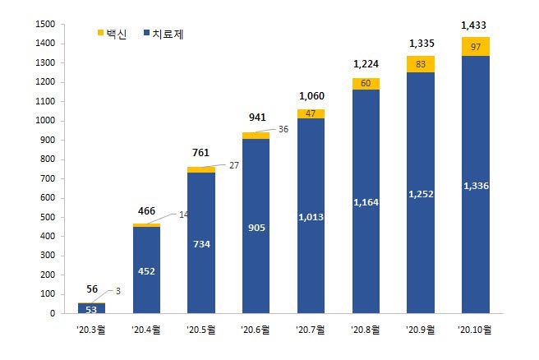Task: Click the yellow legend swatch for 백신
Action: pos(101,33)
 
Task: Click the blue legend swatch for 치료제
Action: pos(146,33)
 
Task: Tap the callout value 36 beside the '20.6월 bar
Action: pos(283,129)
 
